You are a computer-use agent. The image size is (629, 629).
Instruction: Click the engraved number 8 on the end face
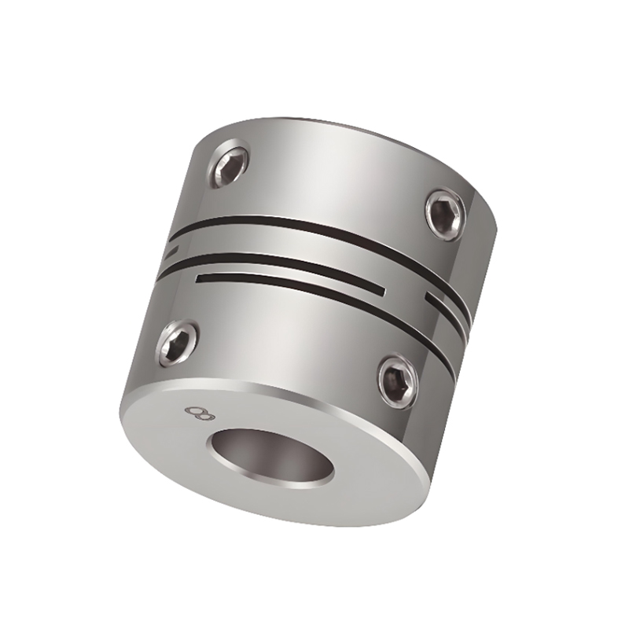coord(191,410)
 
